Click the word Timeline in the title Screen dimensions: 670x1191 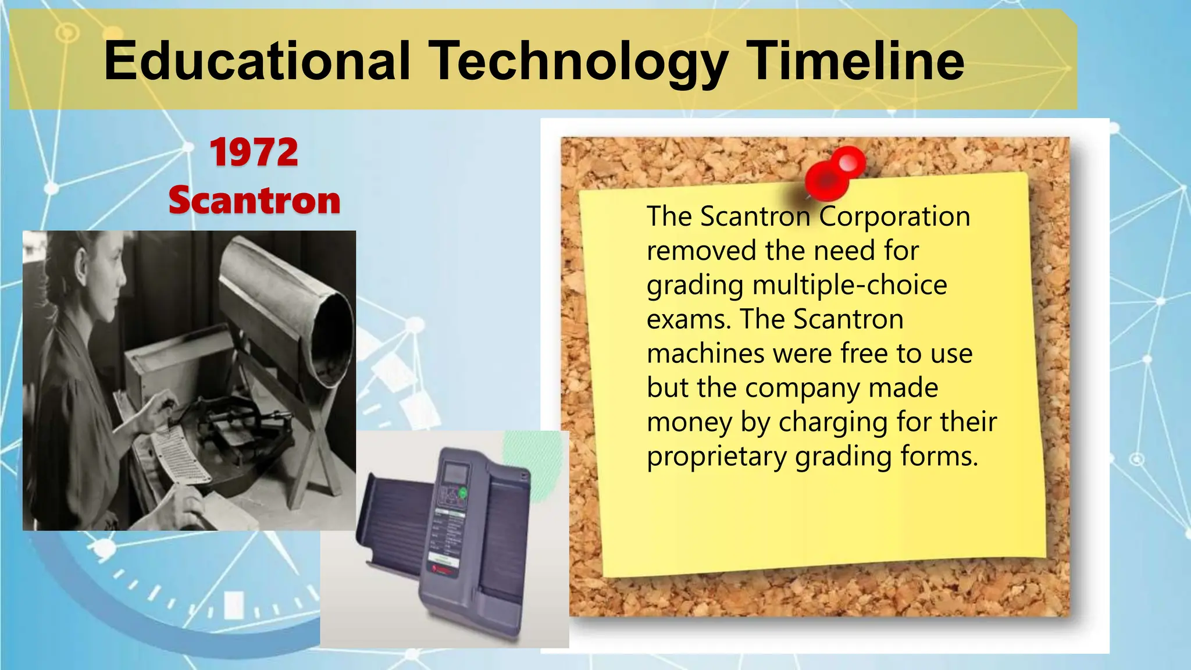855,61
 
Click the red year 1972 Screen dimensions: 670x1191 254,152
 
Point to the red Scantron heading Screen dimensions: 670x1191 254,200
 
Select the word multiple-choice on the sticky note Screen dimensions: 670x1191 850,285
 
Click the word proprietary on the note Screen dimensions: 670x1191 716,457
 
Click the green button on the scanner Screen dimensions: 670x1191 463,493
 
